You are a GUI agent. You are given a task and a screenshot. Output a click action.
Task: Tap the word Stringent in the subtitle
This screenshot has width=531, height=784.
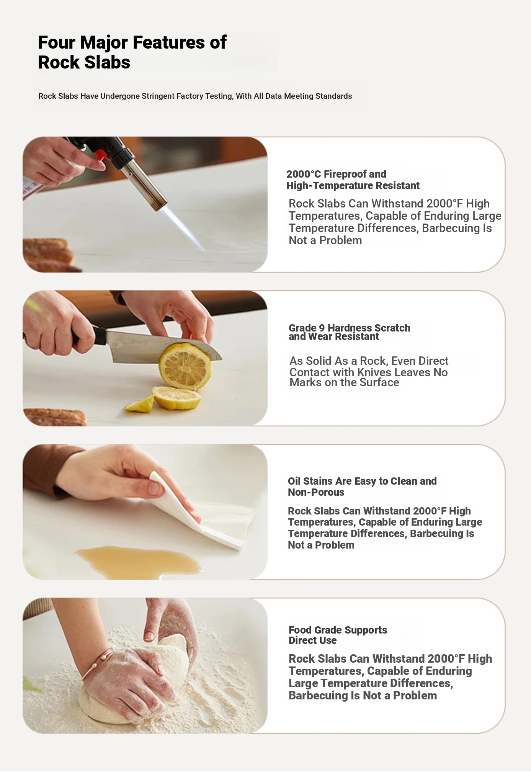158,96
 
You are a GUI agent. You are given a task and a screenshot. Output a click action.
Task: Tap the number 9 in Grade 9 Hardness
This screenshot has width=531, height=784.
322,328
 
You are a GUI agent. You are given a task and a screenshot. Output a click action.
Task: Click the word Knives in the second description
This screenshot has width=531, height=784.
374,372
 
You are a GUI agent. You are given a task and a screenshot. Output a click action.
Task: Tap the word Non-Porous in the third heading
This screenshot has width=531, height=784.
316,492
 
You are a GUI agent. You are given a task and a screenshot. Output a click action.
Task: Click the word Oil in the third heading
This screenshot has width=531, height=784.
294,481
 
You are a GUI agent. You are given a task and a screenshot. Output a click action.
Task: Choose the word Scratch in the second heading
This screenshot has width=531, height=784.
392,328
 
